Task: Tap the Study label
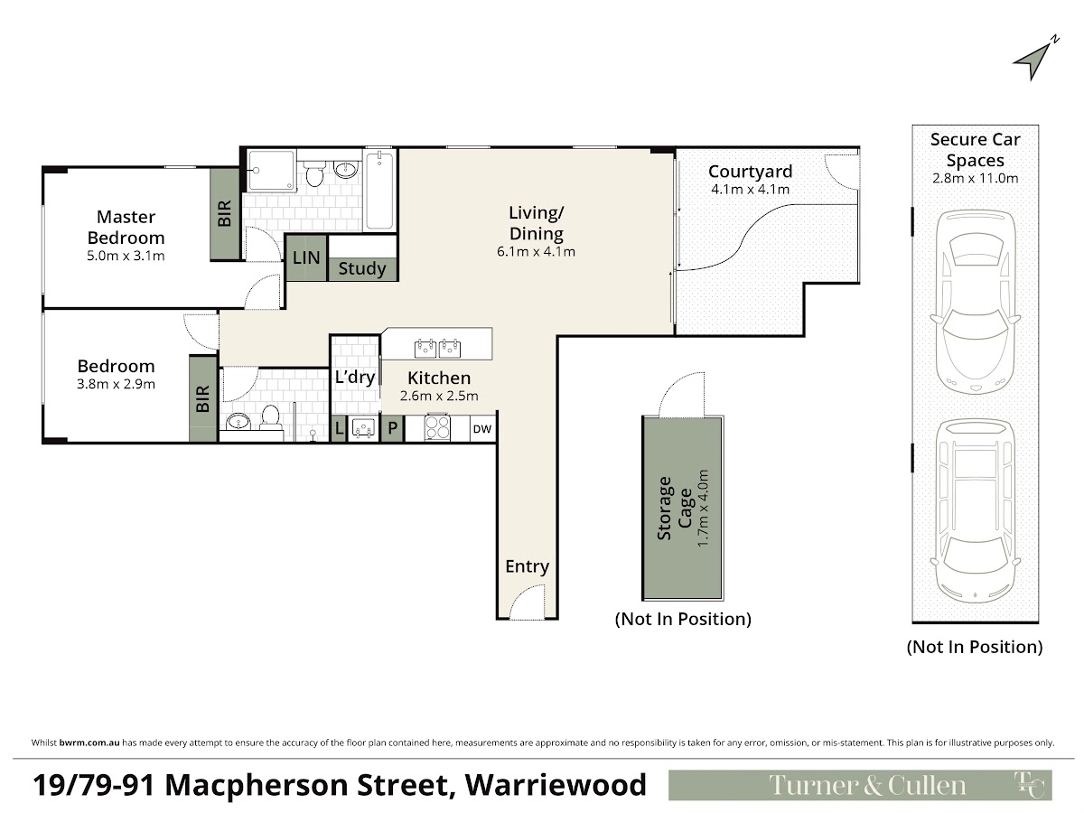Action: pos(362,268)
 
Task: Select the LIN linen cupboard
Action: pos(306,257)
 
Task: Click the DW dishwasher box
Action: pos(482,429)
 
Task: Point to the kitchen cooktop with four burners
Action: pos(437,427)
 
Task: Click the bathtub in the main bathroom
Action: pos(379,190)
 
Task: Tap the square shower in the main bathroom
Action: pos(271,171)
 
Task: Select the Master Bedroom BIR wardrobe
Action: pos(225,214)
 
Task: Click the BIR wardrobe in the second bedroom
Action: pos(203,398)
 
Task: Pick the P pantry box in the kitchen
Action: pos(393,428)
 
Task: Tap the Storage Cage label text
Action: pos(675,509)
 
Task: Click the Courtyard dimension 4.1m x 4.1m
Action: pos(750,189)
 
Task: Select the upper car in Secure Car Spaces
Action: pos(976,302)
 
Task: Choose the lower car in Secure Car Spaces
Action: pos(976,511)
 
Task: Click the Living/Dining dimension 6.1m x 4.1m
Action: pos(536,252)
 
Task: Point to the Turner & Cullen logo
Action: pos(860,785)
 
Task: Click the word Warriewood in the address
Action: pos(556,785)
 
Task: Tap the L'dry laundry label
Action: pos(355,377)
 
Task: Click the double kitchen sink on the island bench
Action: pos(437,348)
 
